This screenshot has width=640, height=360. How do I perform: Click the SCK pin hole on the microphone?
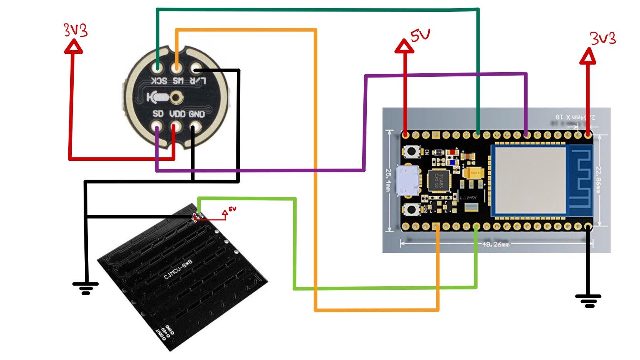(x=157, y=68)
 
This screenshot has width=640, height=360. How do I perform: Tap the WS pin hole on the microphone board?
(x=176, y=68)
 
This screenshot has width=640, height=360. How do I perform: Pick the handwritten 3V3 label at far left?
(x=76, y=30)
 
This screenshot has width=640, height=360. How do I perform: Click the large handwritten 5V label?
(x=420, y=35)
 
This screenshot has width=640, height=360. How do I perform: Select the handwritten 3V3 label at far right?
(x=603, y=38)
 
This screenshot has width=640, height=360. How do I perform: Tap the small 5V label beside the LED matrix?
(x=232, y=209)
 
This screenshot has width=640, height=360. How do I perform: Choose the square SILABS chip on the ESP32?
(x=439, y=179)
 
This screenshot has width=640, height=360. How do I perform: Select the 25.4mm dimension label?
(x=389, y=180)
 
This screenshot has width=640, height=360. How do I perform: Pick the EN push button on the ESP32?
(x=412, y=151)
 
